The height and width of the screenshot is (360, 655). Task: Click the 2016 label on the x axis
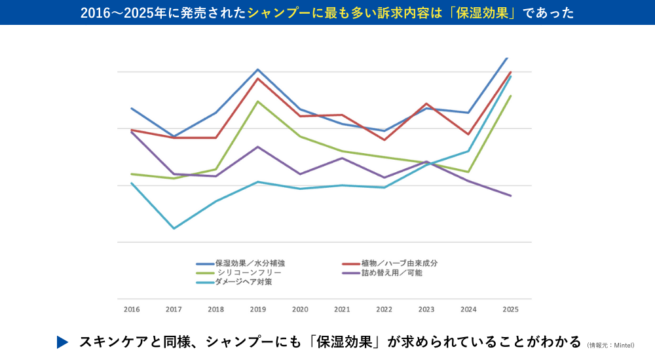(132, 308)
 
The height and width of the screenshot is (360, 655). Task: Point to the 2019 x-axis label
(257, 308)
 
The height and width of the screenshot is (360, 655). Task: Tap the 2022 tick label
(384, 308)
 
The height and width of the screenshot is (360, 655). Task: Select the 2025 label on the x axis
(510, 308)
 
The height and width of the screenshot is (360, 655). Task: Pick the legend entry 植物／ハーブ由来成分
(399, 263)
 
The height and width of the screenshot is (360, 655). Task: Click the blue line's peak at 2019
(258, 69)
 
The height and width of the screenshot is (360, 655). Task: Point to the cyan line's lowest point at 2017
(174, 228)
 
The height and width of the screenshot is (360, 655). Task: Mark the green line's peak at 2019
(258, 101)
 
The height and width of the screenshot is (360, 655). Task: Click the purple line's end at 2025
(511, 196)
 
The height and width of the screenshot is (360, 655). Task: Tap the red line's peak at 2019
(258, 79)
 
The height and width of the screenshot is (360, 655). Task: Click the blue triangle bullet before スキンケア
(62, 342)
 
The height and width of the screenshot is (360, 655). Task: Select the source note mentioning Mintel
(610, 345)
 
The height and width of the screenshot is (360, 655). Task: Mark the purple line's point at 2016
(132, 132)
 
